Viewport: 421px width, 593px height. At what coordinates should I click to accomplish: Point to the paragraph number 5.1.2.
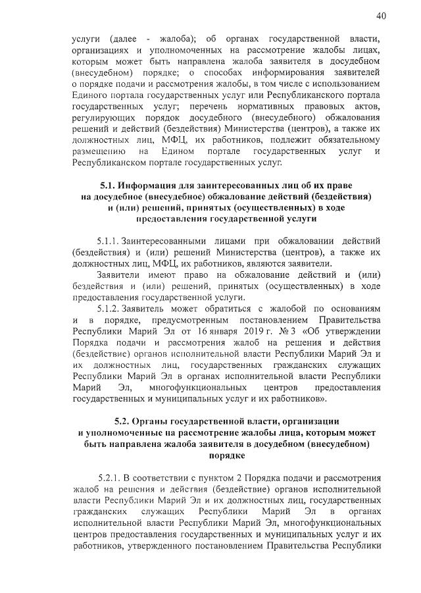[x=108, y=309]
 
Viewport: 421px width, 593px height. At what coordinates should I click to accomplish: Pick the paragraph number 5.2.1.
[x=108, y=478]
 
